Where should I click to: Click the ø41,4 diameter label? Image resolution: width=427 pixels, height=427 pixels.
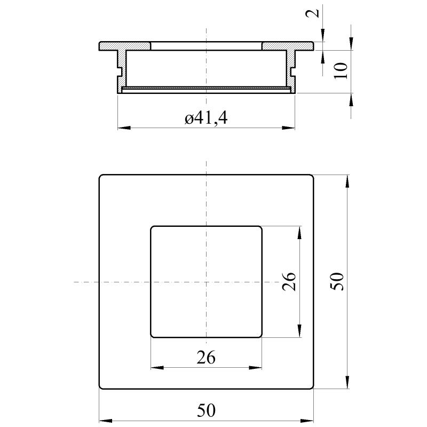[x=206, y=118]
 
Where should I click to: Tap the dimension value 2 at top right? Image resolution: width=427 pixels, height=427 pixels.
[x=312, y=13]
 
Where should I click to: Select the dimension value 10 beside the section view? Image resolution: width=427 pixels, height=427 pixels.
[x=341, y=71]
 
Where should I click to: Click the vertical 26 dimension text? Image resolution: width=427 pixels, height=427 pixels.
[x=289, y=282]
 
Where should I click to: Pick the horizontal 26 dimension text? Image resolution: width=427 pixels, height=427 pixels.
[x=206, y=357]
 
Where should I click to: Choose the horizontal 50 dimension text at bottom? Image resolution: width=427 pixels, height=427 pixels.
[x=206, y=410]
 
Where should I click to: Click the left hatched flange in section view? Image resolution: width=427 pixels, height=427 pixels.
[x=125, y=46]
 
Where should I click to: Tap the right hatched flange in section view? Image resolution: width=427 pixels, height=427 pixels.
[x=288, y=46]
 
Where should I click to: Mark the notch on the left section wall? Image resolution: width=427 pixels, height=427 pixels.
[x=119, y=72]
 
